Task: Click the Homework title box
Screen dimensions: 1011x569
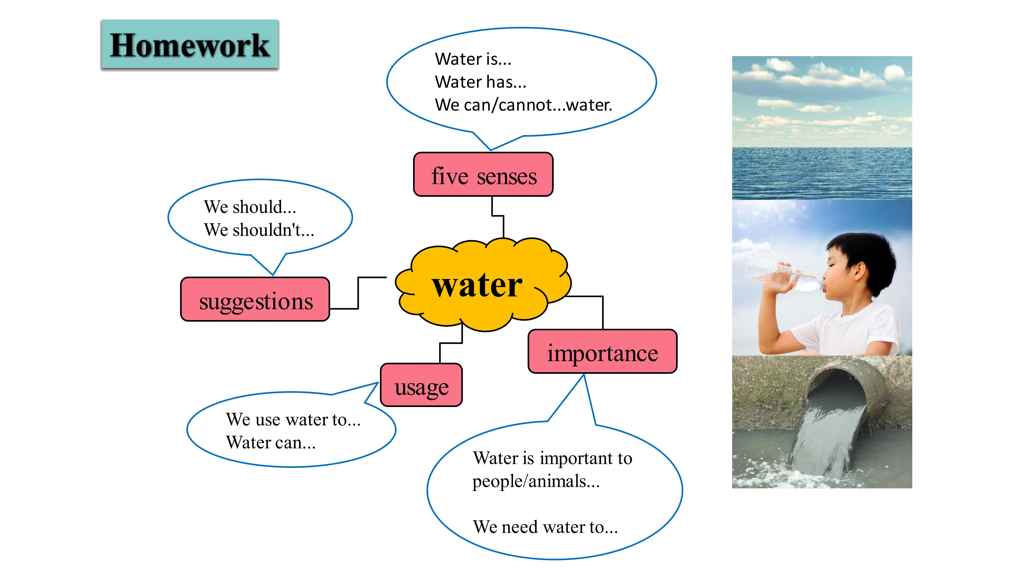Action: pyautogui.click(x=190, y=44)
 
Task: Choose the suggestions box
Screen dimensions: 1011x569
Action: pyautogui.click(x=255, y=299)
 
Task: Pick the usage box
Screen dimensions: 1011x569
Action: pyautogui.click(x=421, y=385)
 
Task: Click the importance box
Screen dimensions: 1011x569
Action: pyautogui.click(x=602, y=351)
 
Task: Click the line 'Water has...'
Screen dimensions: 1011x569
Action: pyautogui.click(x=480, y=82)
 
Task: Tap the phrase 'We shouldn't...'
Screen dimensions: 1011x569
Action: pyautogui.click(x=259, y=230)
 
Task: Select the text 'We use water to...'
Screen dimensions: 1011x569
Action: pyautogui.click(x=293, y=419)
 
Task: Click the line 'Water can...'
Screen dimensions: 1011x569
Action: pyautogui.click(x=270, y=443)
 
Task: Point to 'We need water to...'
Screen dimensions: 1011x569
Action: pyautogui.click(x=545, y=527)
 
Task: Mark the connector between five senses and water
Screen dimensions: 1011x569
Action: pyautogui.click(x=498, y=217)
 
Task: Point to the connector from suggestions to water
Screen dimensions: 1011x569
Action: pyautogui.click(x=358, y=293)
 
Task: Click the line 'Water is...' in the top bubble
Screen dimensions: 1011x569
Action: pyautogui.click(x=473, y=59)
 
